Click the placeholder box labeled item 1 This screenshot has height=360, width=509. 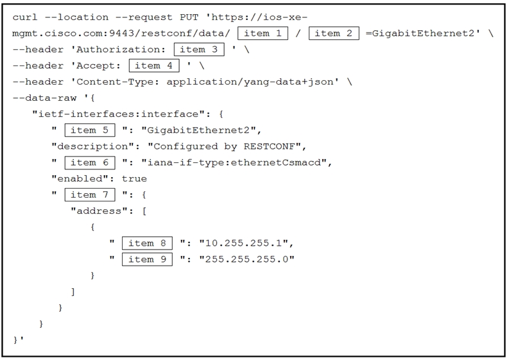click(x=263, y=33)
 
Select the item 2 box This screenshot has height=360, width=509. click(x=334, y=33)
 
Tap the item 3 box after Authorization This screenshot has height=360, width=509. click(x=199, y=49)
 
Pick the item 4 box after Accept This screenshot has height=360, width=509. click(x=154, y=65)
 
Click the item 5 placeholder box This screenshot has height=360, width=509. click(x=90, y=130)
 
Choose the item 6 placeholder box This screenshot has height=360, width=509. click(x=90, y=162)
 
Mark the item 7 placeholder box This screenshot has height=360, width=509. click(x=90, y=195)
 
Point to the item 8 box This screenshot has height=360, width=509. click(x=147, y=243)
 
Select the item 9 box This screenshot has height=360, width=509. click(x=147, y=259)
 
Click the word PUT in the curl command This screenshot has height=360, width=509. click(x=189, y=17)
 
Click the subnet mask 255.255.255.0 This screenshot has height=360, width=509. click(x=246, y=259)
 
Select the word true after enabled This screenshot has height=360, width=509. click(x=134, y=179)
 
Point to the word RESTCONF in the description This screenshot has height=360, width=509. click(x=269, y=146)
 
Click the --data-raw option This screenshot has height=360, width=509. click(x=44, y=98)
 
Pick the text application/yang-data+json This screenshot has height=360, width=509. click(x=250, y=81)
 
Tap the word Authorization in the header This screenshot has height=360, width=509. click(x=118, y=49)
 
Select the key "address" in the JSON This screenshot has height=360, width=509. click(x=99, y=211)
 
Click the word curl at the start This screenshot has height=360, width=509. click(x=25, y=17)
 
